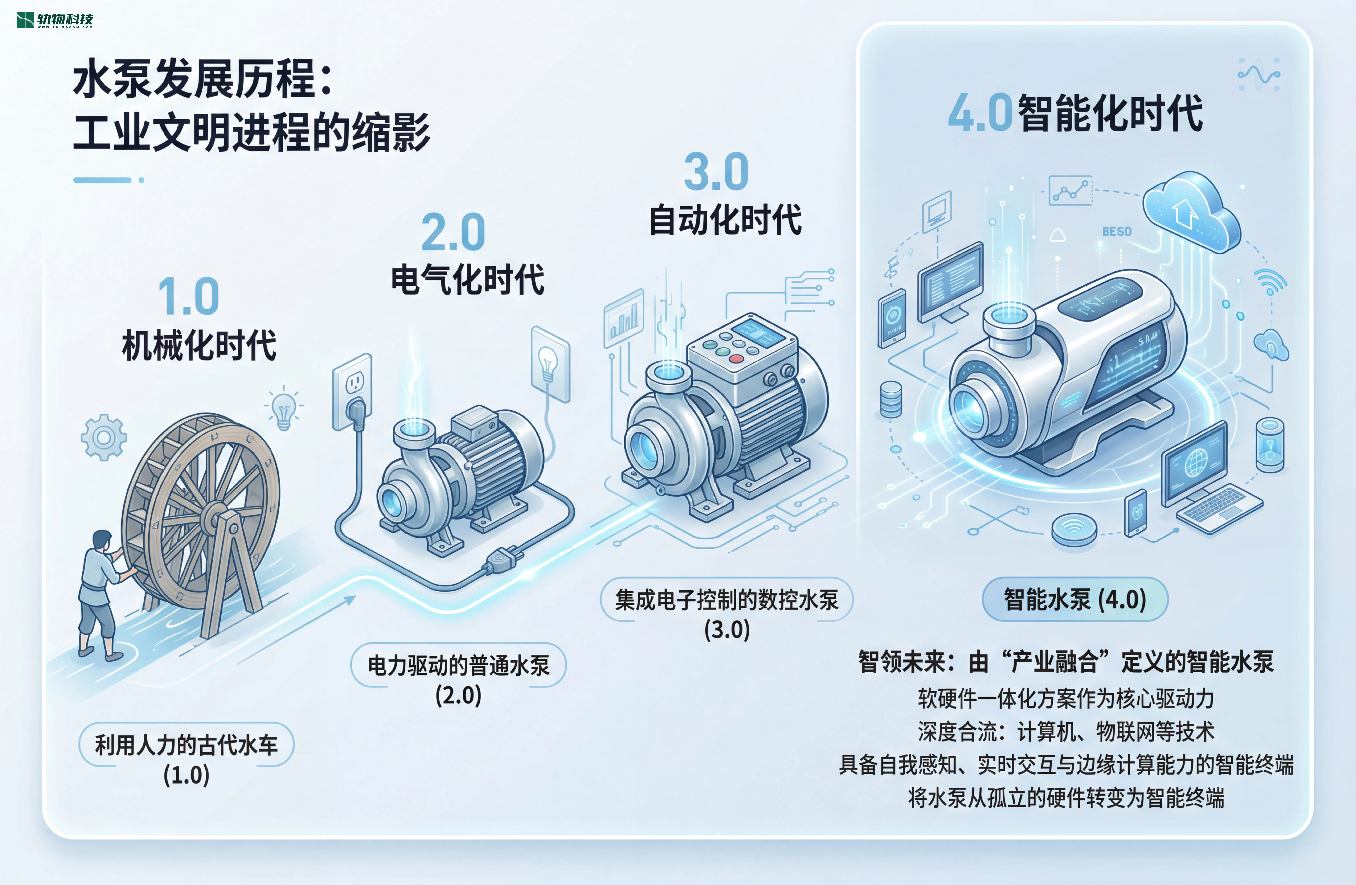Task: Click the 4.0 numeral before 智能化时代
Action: [980, 113]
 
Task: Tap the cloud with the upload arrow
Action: [1191, 211]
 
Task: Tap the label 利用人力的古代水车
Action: [186, 744]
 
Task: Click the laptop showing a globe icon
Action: [1211, 478]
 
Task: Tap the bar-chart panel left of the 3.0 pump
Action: [624, 318]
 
